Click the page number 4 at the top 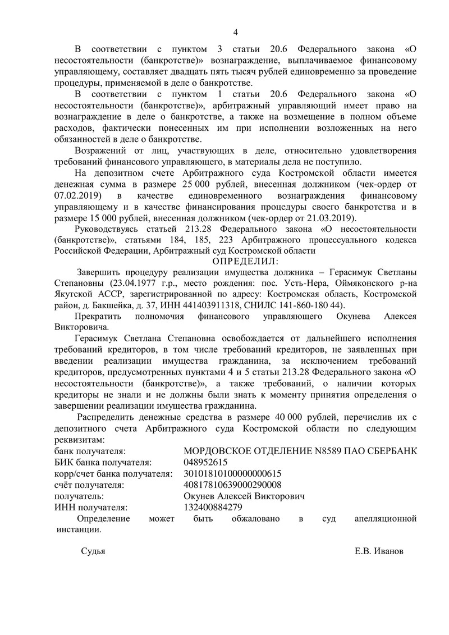point(235,32)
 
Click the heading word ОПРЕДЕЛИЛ point(246,261)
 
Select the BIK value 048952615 point(205,462)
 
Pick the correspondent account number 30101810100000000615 point(232,473)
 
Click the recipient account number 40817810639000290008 point(232,485)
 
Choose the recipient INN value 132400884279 point(213,507)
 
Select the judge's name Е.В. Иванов point(378,551)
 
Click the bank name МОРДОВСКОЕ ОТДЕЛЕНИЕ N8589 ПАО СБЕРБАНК point(300,451)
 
